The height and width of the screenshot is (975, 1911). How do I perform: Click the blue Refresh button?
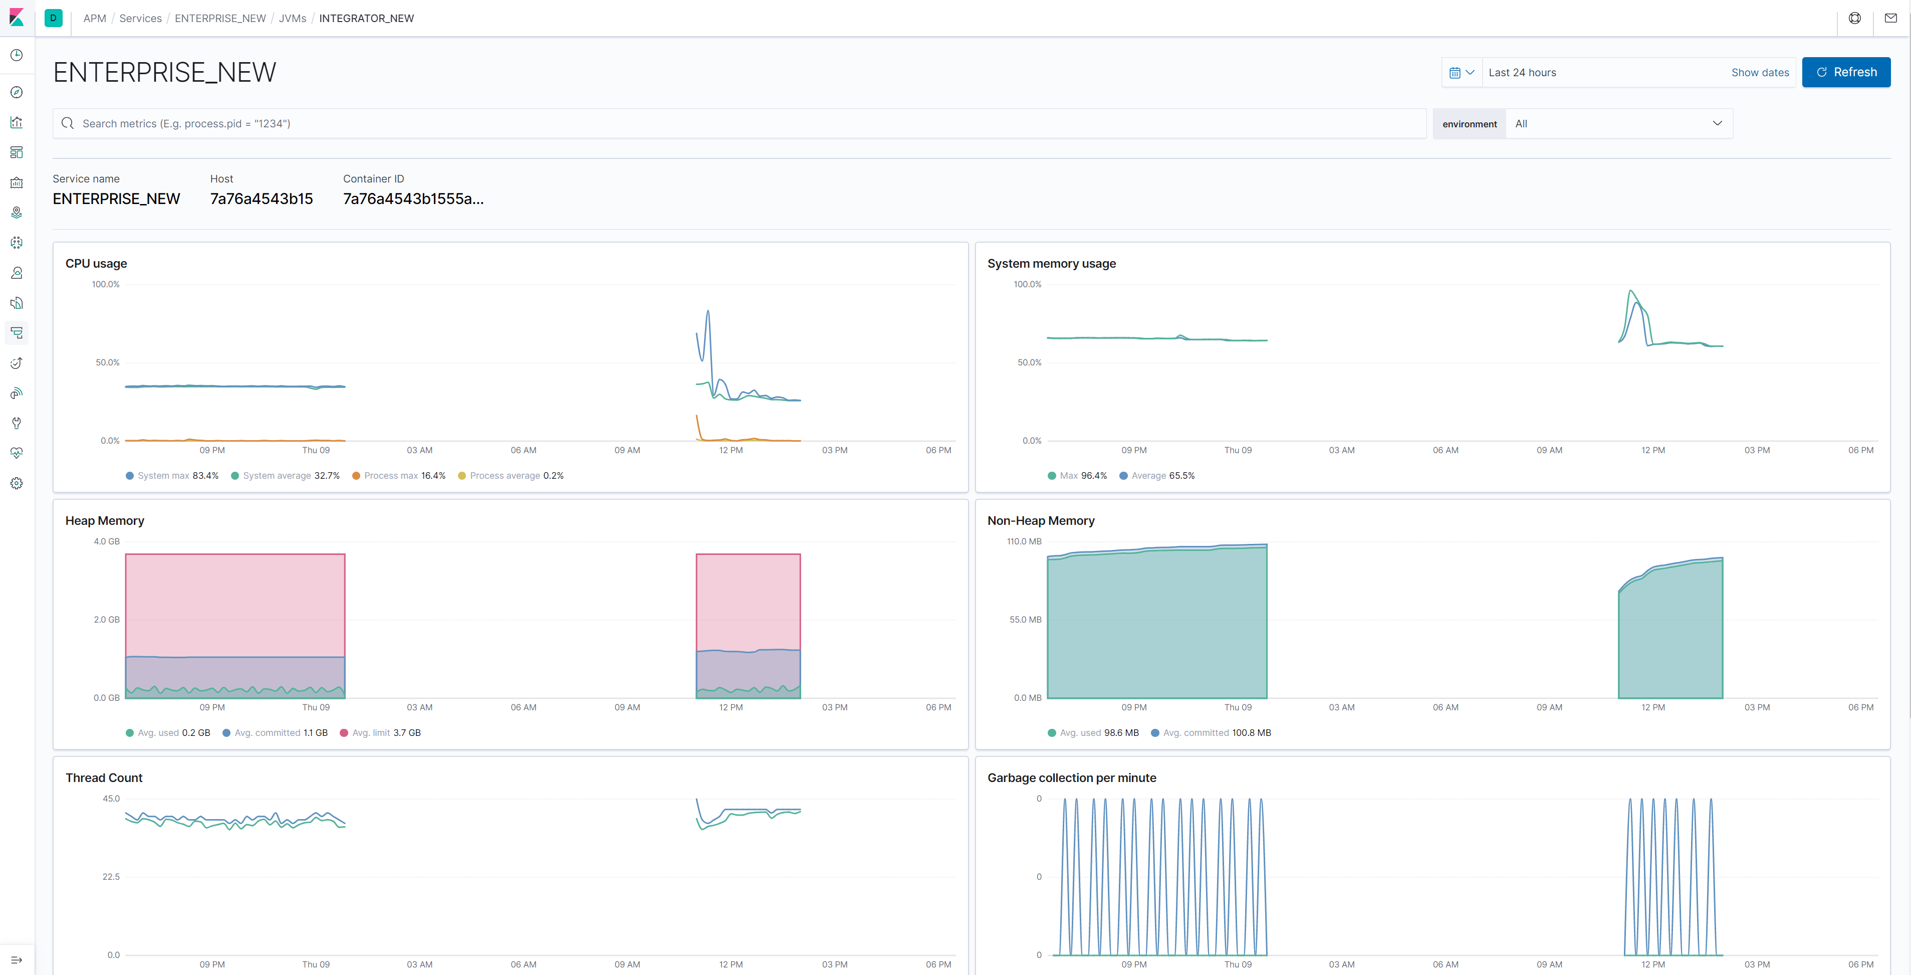pos(1846,72)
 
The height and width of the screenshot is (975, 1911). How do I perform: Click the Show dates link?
pos(1760,73)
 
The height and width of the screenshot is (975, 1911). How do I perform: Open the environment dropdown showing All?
pos(1617,124)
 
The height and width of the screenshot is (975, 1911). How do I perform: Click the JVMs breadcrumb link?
pos(292,18)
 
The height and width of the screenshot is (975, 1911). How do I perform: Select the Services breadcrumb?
pos(140,18)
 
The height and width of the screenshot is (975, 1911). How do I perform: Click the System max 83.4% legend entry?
pos(172,476)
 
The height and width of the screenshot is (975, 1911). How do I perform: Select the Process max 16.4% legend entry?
pos(399,476)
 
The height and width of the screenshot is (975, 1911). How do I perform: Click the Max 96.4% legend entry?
pos(1077,476)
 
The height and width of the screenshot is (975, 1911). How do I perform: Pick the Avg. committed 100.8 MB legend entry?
pos(1211,732)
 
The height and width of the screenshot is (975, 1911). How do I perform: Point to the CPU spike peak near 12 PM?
pos(707,312)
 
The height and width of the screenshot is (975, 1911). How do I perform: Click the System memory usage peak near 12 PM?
pos(1630,291)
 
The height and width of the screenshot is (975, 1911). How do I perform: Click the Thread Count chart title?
pos(104,777)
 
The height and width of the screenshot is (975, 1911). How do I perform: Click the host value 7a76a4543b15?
pos(261,199)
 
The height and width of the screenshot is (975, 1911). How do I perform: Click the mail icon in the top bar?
pos(1890,18)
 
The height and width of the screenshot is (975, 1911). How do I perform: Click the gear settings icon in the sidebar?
pos(17,483)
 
